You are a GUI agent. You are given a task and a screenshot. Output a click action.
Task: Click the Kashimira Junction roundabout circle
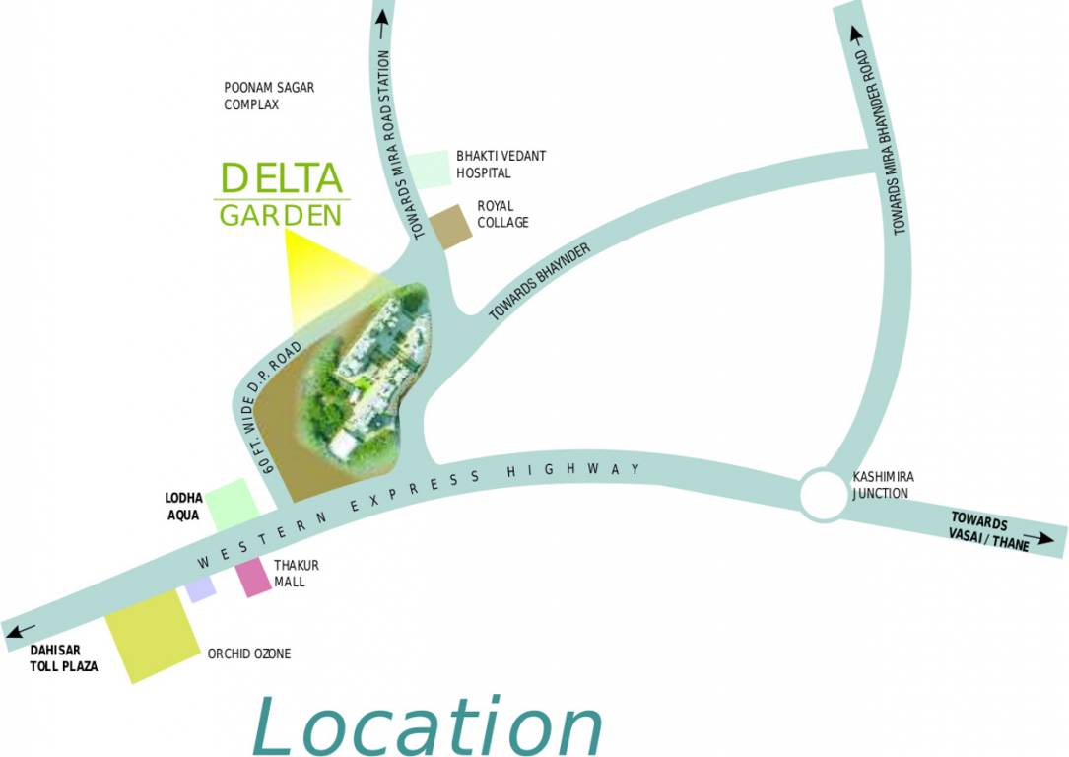click(823, 494)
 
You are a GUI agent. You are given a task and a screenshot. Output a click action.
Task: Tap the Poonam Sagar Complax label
click(268, 96)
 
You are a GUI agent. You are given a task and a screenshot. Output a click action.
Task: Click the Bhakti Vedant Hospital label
click(501, 165)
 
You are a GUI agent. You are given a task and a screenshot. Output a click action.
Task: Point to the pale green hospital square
click(430, 170)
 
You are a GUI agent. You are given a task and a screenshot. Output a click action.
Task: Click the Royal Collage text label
click(502, 214)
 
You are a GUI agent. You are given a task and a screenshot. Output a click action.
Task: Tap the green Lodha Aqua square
click(234, 503)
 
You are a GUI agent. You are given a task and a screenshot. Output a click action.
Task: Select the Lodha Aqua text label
click(183, 507)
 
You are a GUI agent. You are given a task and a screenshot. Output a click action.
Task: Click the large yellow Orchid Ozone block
click(153, 636)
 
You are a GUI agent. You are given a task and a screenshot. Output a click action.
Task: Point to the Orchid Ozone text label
click(248, 654)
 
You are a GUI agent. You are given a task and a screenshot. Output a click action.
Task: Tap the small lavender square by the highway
click(201, 588)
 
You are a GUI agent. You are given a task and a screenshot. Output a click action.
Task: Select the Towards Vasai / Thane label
click(988, 531)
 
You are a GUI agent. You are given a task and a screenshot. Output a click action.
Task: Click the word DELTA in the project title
click(281, 178)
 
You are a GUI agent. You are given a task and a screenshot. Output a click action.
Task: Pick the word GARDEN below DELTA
click(281, 215)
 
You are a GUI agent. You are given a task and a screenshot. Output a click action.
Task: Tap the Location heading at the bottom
click(426, 725)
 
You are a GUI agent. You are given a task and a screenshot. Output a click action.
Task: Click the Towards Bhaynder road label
click(540, 282)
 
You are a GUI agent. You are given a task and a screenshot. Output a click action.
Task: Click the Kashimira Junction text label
click(882, 485)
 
